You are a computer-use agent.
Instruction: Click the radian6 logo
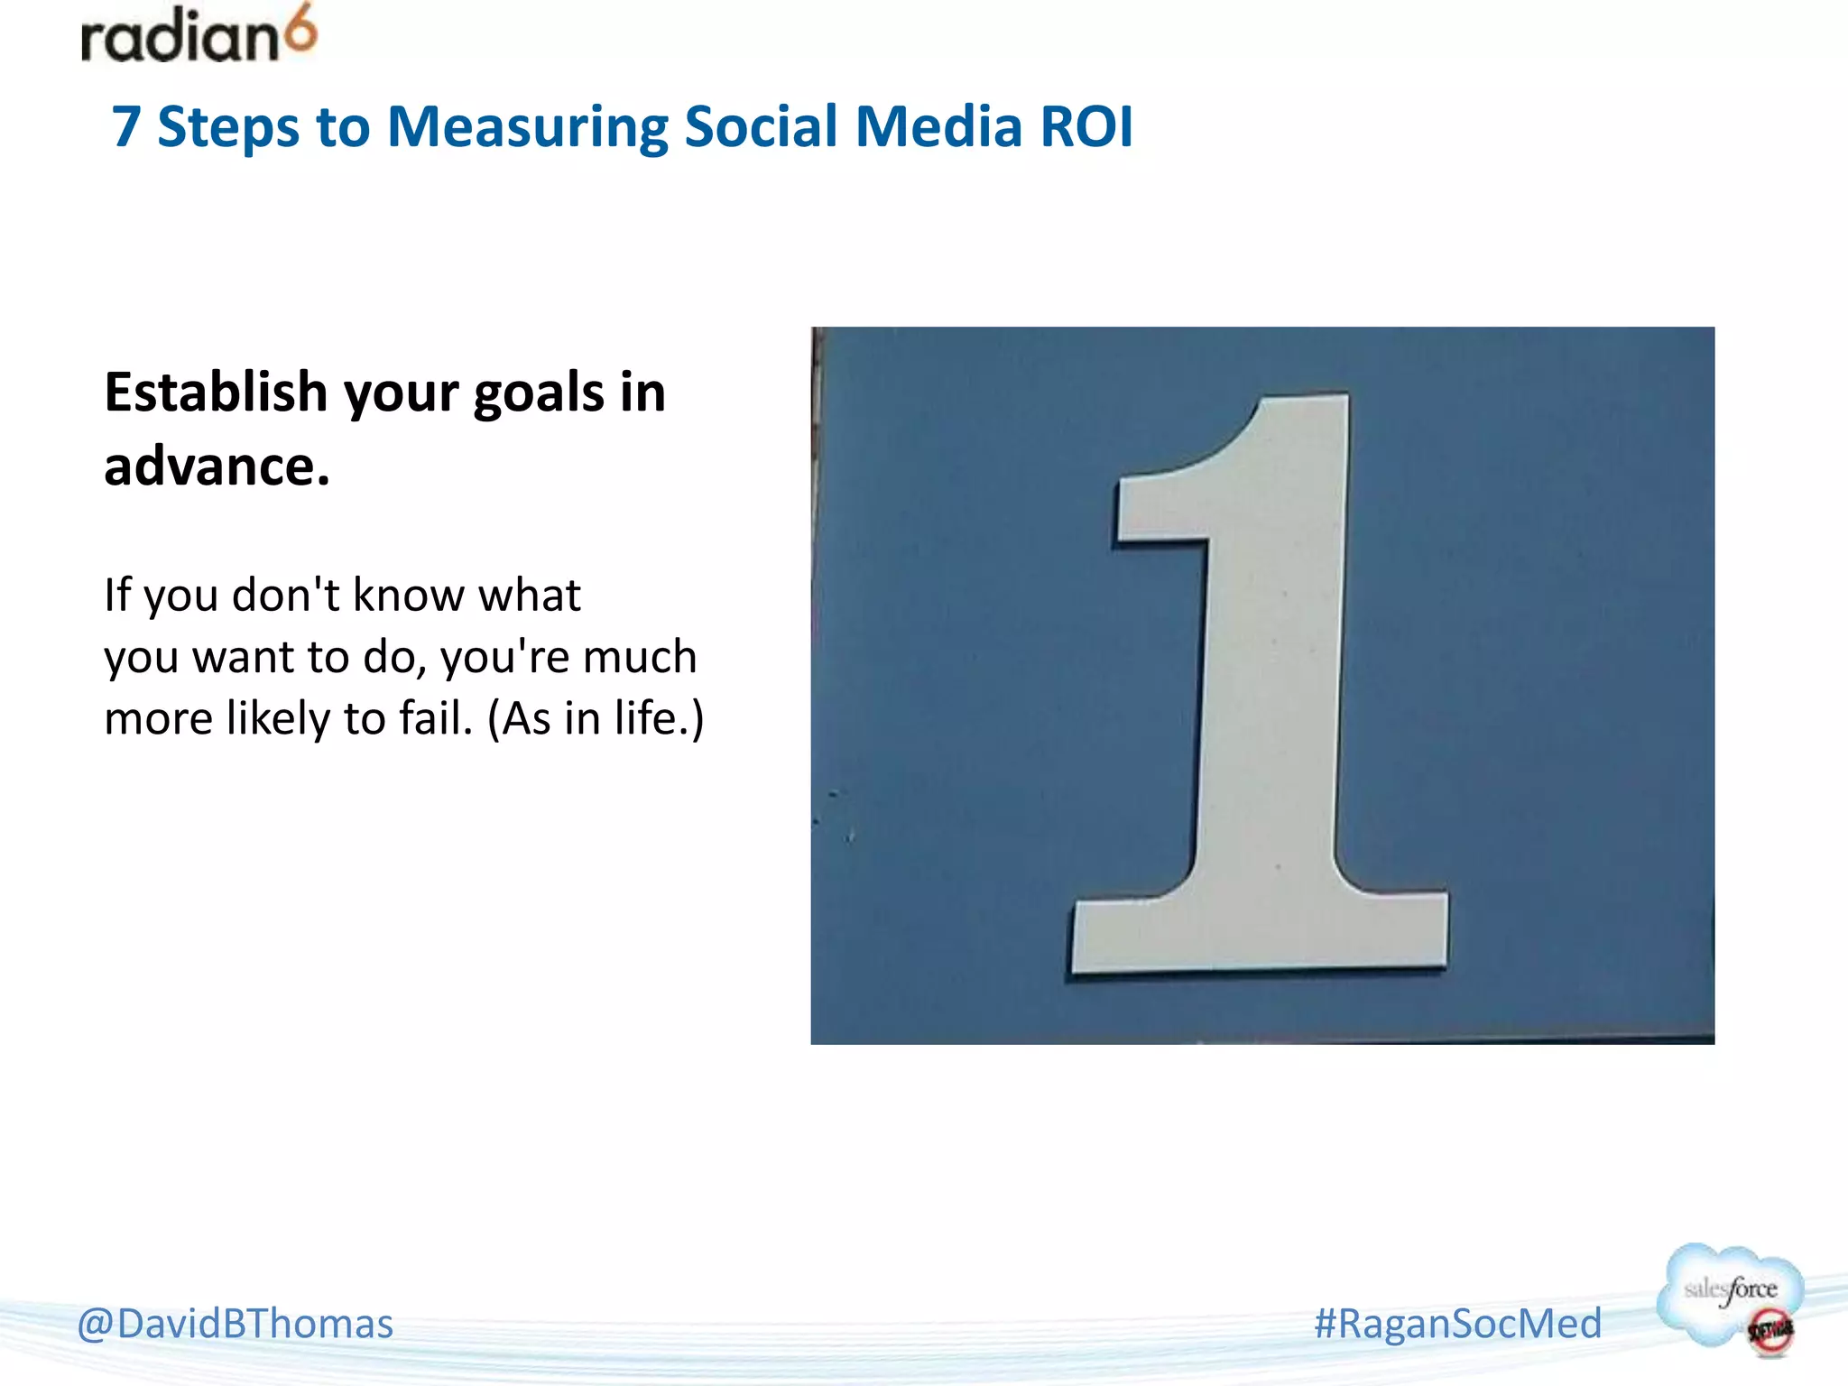[x=199, y=36]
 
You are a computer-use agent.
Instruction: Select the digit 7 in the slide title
[x=126, y=126]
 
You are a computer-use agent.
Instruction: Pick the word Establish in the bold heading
[x=215, y=393]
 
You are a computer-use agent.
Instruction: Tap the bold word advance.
[x=217, y=467]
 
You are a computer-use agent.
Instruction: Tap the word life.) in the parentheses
[x=659, y=719]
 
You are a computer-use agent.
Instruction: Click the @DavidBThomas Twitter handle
[x=236, y=1324]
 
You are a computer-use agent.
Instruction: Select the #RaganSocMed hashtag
[x=1457, y=1324]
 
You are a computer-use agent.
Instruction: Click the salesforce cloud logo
[x=1728, y=1290]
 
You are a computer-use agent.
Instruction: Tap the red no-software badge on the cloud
[x=1769, y=1331]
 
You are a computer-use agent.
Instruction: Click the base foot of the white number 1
[x=1260, y=934]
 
